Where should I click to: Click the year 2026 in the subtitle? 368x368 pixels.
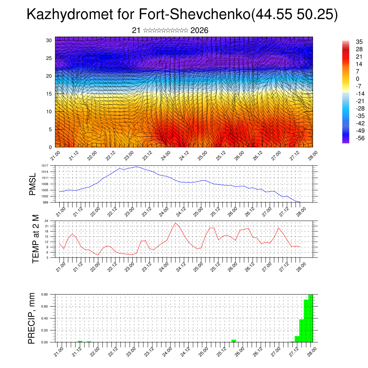click(199, 31)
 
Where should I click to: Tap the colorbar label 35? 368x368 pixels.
click(359, 42)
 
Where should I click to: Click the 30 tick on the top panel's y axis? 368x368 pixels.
click(49, 40)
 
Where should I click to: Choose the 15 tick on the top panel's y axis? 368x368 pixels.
click(49, 94)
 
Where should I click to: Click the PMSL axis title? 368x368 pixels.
click(33, 184)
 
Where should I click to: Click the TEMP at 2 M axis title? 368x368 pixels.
click(36, 239)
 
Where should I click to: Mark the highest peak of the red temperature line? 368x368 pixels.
click(175, 223)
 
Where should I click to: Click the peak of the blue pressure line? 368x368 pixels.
click(137, 167)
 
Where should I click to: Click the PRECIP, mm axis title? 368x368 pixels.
click(32, 318)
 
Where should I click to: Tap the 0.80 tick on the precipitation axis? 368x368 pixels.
click(44, 294)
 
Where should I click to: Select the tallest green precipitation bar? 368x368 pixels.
click(310, 318)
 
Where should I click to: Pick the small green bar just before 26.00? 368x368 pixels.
click(234, 340)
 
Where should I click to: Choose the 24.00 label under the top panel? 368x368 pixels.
click(165, 156)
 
